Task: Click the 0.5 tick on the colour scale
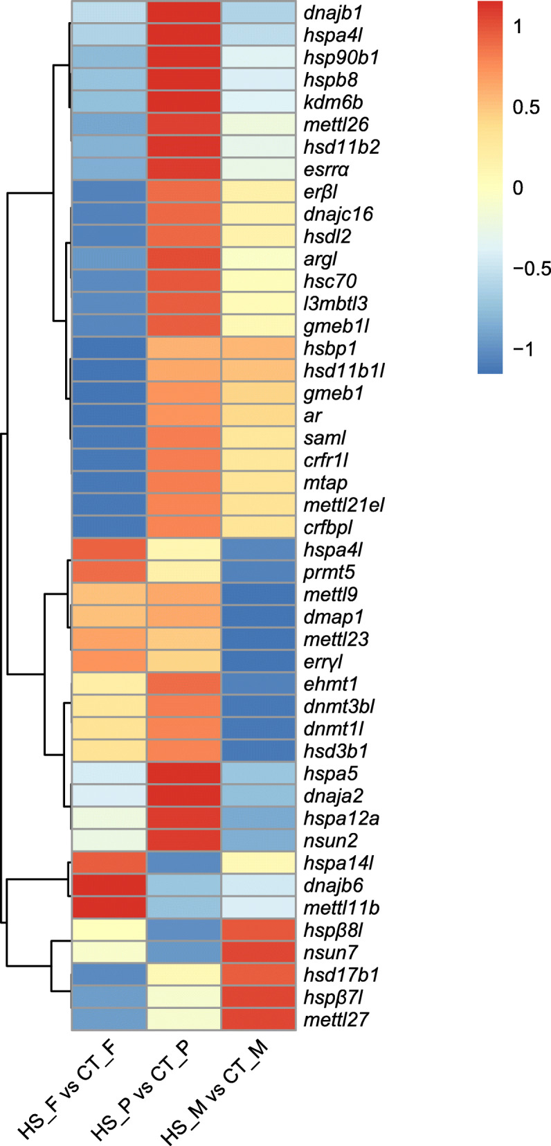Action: click(525, 107)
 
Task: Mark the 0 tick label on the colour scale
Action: click(518, 188)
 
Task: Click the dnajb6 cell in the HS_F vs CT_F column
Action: click(109, 885)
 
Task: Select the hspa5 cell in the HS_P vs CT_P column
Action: click(183, 773)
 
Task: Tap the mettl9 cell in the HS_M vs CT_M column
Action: click(258, 594)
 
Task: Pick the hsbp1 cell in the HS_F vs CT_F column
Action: click(109, 348)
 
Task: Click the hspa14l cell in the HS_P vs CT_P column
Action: click(183, 863)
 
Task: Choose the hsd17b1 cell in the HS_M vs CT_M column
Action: click(258, 974)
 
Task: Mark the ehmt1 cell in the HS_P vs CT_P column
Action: click(183, 683)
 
